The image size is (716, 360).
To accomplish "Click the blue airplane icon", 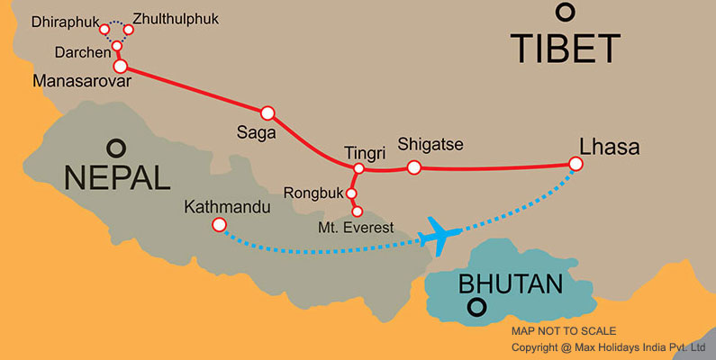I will click(x=441, y=234).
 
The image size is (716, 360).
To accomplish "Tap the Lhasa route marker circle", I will click(x=576, y=164).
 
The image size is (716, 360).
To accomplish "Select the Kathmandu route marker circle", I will click(x=218, y=225).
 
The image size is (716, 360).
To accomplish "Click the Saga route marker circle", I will click(x=267, y=112).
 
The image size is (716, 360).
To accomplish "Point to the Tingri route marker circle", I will click(x=358, y=168).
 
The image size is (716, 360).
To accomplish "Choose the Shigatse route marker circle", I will click(x=413, y=167).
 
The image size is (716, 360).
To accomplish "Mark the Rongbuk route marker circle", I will click(x=351, y=193).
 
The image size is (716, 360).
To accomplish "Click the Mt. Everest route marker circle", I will click(x=357, y=211).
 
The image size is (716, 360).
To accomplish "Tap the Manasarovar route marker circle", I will click(x=120, y=66).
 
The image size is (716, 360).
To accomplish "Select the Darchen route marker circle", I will click(x=116, y=46).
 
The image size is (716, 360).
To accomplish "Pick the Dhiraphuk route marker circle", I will click(x=104, y=30).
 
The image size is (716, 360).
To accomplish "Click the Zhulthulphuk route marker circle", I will click(x=128, y=30).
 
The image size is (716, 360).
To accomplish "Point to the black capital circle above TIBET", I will click(x=565, y=12).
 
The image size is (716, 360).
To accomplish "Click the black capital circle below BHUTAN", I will click(x=475, y=310).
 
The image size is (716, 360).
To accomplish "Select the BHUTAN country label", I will click(x=510, y=284).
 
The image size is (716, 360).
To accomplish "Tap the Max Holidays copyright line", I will click(x=608, y=347).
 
